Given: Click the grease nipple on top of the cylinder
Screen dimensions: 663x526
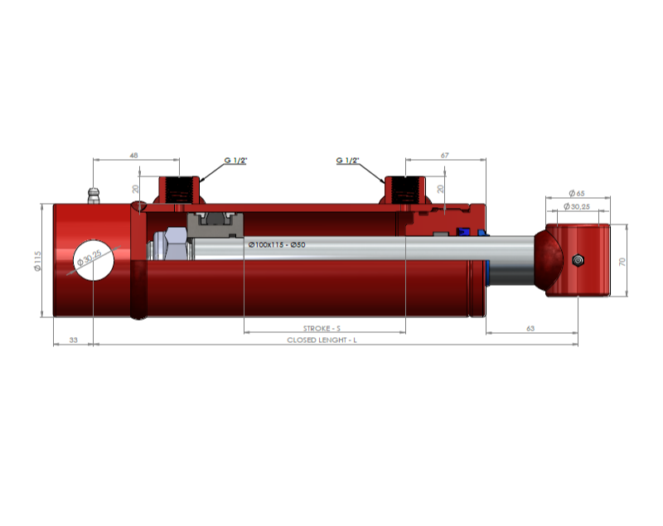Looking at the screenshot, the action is [x=94, y=195].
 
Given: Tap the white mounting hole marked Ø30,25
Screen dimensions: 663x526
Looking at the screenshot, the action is [x=94, y=260].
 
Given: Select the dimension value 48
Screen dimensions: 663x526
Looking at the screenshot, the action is [x=133, y=156].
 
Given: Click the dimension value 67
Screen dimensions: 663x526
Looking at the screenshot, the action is [x=444, y=156].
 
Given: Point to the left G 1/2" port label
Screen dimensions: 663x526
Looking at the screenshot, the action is [x=235, y=161].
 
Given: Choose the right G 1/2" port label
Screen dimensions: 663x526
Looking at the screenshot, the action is [x=347, y=161].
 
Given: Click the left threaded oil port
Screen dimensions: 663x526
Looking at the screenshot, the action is [x=179, y=191].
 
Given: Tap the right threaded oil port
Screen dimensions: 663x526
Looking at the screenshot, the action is [x=405, y=191].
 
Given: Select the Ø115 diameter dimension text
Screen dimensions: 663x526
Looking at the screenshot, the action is [x=37, y=261].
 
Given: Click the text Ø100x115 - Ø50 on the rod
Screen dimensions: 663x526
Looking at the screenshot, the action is [x=277, y=244].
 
